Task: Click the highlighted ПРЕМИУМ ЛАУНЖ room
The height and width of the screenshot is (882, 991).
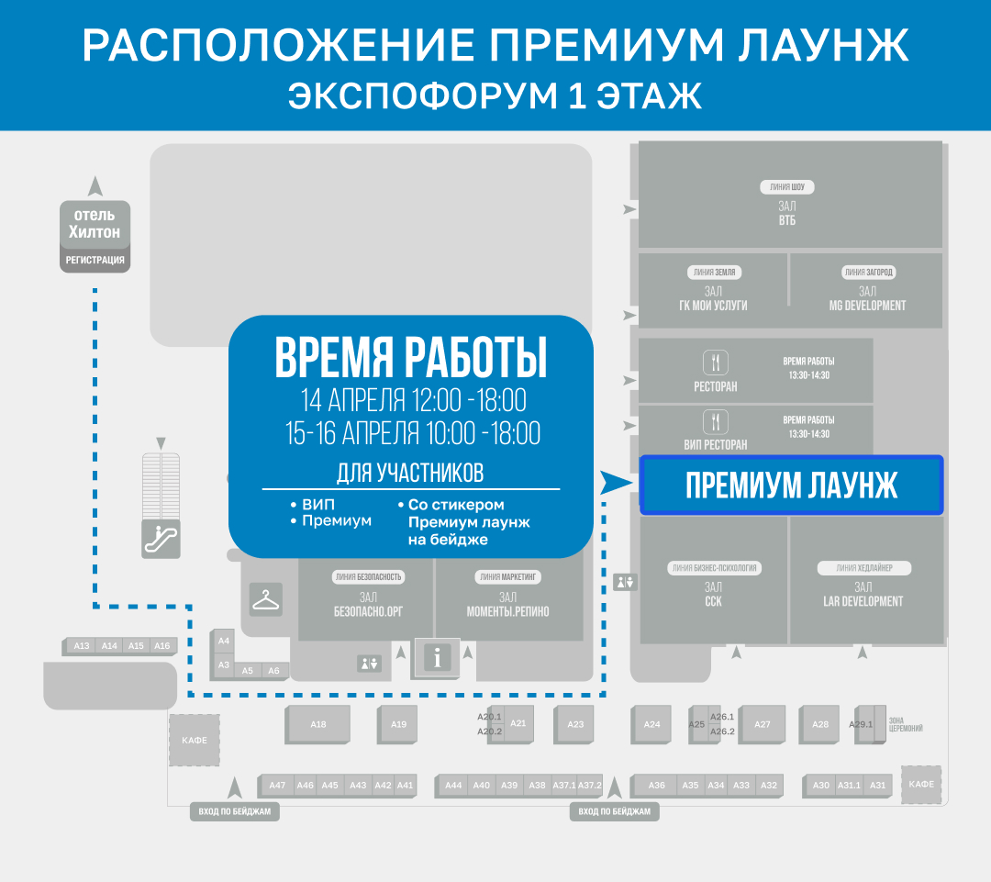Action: coord(791,485)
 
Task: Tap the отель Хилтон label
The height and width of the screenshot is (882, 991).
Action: coord(95,225)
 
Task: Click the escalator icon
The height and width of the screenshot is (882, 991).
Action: coord(161,538)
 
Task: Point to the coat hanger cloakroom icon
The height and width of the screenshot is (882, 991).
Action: coord(266,600)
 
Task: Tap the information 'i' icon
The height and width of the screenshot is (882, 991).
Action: coord(438,657)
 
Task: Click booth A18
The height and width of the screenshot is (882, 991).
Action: coord(318,724)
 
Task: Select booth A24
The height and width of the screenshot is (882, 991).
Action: coord(651,724)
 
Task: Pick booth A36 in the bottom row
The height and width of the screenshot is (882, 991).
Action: coord(656,786)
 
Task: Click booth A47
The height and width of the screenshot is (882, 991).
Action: coord(277,786)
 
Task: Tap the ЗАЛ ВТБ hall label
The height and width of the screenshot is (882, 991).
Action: coord(786,214)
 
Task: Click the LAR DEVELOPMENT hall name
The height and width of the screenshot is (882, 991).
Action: coord(863,601)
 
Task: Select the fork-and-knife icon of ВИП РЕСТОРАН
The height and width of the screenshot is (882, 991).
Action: coord(715,422)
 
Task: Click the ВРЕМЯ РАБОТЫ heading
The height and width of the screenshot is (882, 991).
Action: coord(410,359)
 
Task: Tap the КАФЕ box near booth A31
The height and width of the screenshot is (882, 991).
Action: coord(921,784)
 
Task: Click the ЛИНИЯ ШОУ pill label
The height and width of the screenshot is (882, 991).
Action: coord(786,187)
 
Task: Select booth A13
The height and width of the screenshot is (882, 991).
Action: coord(82,646)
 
